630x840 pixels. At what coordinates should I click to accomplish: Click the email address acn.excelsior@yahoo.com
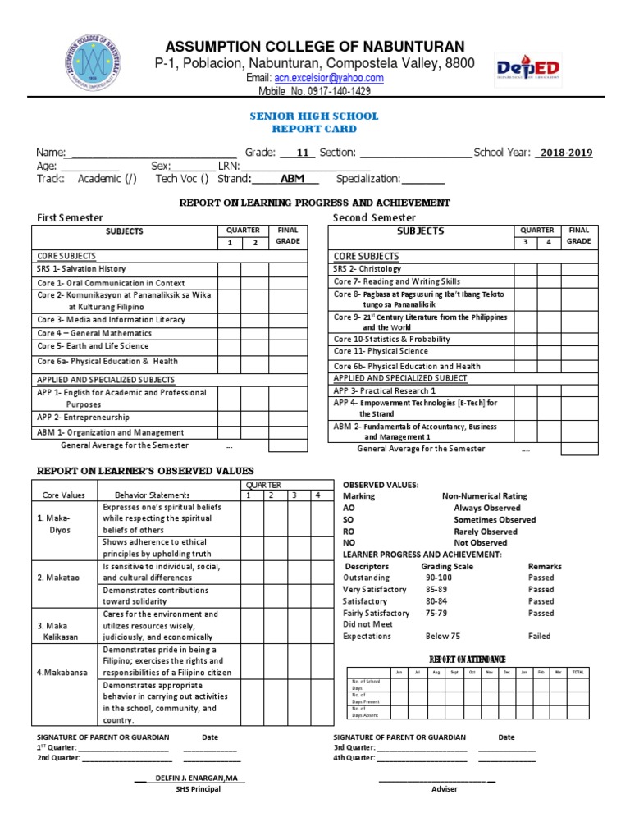(x=327, y=78)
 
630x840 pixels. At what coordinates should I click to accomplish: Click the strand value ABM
(x=292, y=179)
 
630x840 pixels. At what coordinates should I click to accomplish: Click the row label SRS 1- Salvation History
(x=81, y=269)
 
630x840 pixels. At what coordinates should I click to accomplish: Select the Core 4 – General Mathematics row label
(x=94, y=333)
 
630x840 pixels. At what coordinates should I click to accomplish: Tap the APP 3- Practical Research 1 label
(x=385, y=390)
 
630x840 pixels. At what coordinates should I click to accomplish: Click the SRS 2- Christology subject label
(x=367, y=268)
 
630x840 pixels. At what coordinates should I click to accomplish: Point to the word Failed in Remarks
(x=540, y=636)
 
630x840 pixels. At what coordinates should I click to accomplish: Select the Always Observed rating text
(x=486, y=508)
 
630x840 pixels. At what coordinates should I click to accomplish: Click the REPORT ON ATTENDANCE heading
(x=468, y=660)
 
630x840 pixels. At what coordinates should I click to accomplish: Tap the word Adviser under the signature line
(x=445, y=789)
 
